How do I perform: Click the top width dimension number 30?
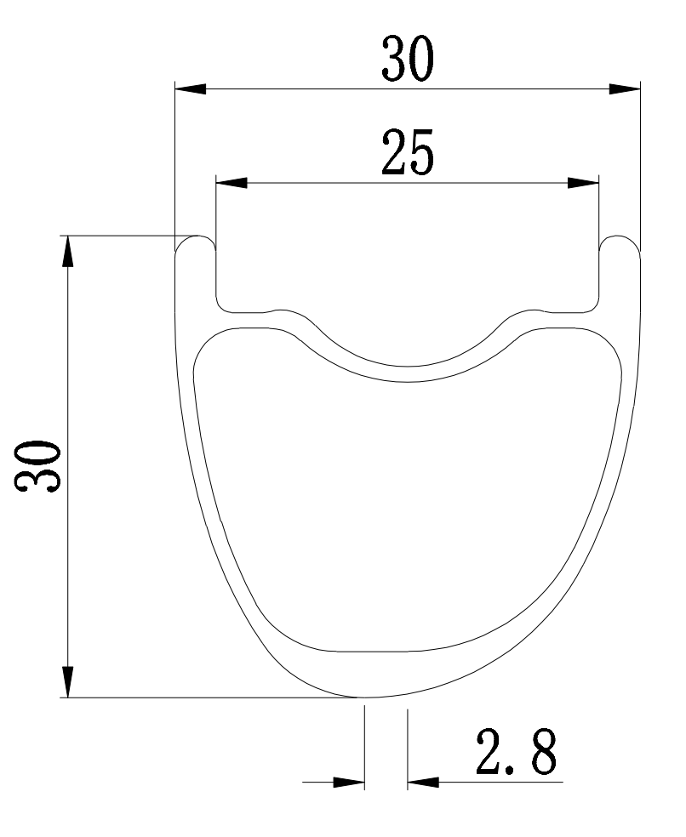[x=408, y=59]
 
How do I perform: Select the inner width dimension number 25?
[x=408, y=152]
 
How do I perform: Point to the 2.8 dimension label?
[x=516, y=752]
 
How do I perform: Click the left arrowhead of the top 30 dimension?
[x=191, y=89]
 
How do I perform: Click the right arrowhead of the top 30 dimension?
[x=625, y=89]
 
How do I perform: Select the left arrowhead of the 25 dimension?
[x=232, y=183]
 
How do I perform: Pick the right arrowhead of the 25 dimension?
[x=583, y=183]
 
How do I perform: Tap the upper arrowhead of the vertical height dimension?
[x=68, y=251]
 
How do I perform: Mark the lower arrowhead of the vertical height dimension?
[x=68, y=681]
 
